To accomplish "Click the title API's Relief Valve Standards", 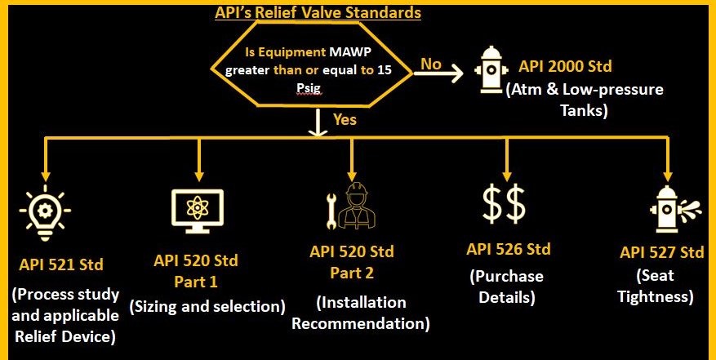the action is click(318, 12).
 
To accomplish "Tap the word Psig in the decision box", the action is click(310, 89).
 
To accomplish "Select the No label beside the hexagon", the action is click(430, 64).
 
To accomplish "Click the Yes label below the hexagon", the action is click(345, 120).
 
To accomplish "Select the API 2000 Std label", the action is click(565, 67).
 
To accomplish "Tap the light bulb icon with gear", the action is click(45, 213).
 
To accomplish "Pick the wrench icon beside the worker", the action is click(331, 211).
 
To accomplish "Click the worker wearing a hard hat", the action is click(359, 206).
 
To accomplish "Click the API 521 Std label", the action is click(61, 264).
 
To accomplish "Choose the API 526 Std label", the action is click(509, 250).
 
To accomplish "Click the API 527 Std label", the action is click(661, 252).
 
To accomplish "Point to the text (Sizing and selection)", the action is click(207, 307).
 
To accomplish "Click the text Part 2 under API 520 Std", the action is click(352, 273).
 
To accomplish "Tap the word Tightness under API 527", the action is click(656, 297).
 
